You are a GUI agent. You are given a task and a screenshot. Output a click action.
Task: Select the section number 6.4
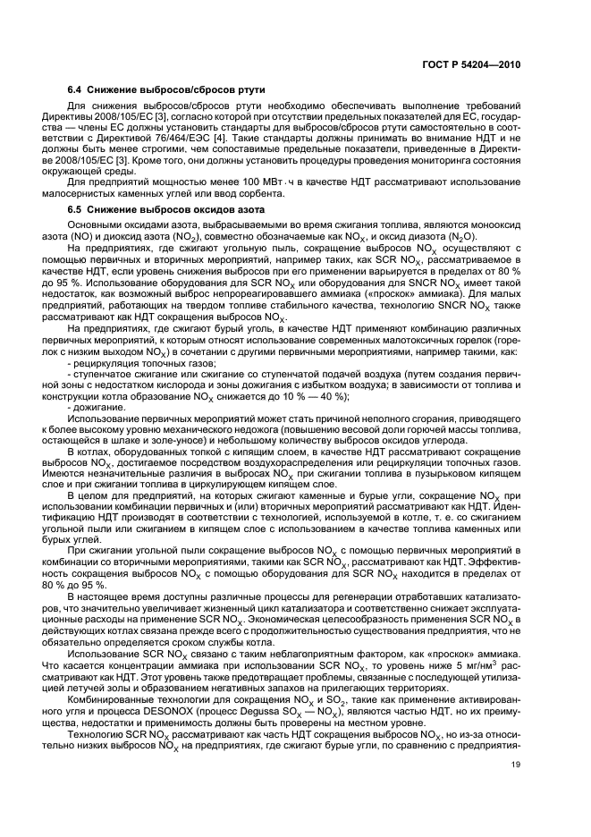click(x=78, y=91)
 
